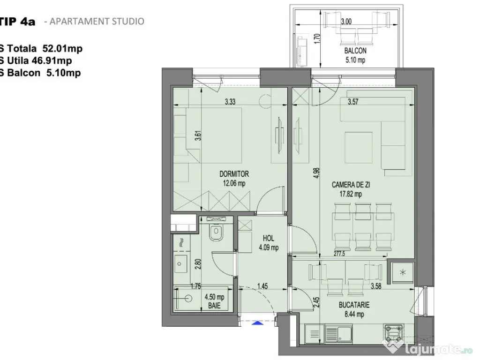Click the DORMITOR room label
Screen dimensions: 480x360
click(234, 174)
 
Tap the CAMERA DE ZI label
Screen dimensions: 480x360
click(351, 185)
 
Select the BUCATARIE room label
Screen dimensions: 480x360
click(354, 305)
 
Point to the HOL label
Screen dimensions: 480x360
click(269, 238)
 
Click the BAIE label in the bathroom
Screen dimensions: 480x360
click(214, 305)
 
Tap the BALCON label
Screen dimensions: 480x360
click(355, 51)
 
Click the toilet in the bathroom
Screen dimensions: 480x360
click(217, 232)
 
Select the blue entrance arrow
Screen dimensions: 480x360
click(257, 322)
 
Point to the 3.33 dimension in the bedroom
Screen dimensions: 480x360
click(230, 102)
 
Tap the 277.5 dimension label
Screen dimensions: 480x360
click(339, 254)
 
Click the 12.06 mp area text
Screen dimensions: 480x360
click(234, 183)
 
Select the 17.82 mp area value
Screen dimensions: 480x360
click(351, 194)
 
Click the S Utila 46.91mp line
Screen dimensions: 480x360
click(36, 60)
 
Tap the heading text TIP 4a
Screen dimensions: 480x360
click(17, 22)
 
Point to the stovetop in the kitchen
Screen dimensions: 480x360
click(394, 333)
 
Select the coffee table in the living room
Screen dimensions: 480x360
click(359, 145)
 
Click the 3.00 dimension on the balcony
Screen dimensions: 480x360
click(346, 22)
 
